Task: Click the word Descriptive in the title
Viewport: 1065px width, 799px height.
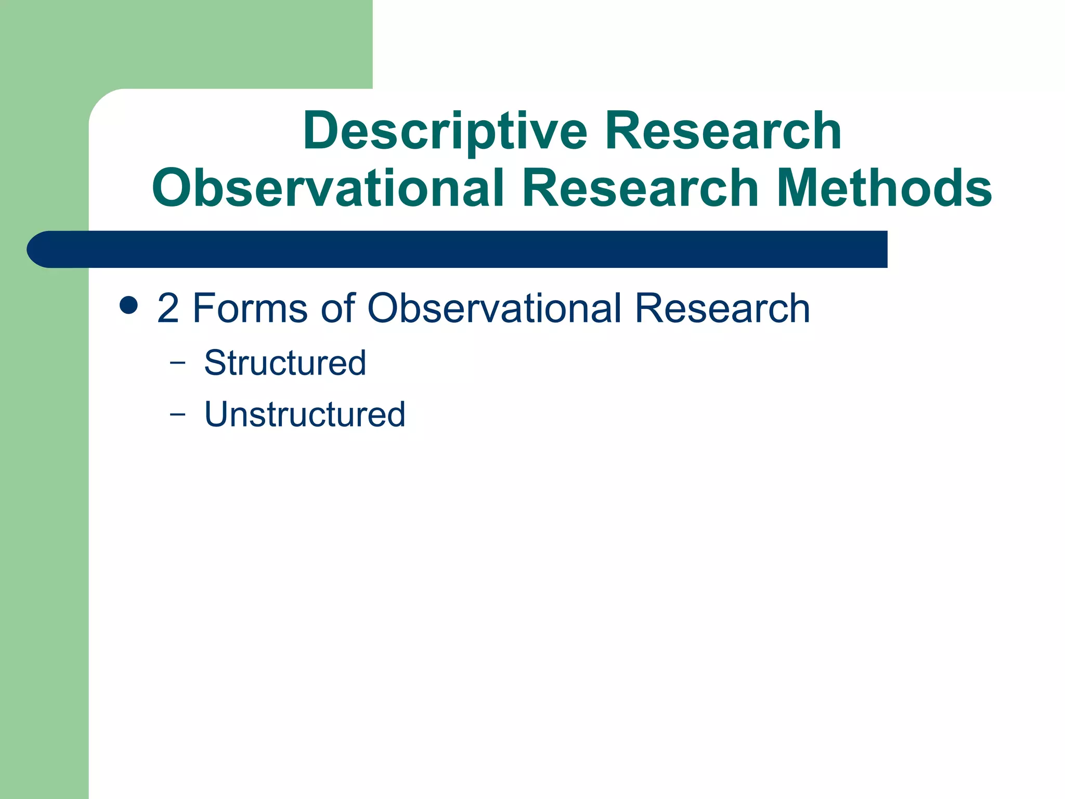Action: [x=445, y=131]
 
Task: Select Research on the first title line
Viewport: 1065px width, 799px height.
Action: [x=723, y=131]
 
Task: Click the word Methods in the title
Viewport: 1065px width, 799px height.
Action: [x=885, y=188]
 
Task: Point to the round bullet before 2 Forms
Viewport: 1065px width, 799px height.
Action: [x=128, y=306]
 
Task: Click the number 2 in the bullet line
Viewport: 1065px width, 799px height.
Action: [x=168, y=308]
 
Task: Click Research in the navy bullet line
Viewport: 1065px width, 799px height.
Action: [x=722, y=308]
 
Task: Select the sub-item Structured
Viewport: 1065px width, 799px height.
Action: [x=285, y=363]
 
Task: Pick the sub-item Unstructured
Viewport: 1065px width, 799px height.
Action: [x=305, y=415]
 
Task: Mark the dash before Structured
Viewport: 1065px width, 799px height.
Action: [x=177, y=364]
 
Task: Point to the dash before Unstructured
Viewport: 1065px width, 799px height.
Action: [x=177, y=415]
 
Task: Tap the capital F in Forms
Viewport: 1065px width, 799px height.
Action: [x=204, y=308]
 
